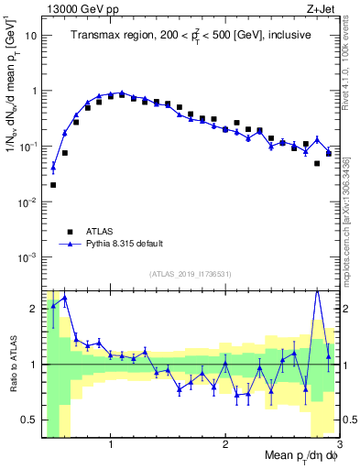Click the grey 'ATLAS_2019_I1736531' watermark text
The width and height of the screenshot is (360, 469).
[x=191, y=274]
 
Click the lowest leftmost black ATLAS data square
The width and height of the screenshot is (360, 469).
[x=53, y=184]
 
